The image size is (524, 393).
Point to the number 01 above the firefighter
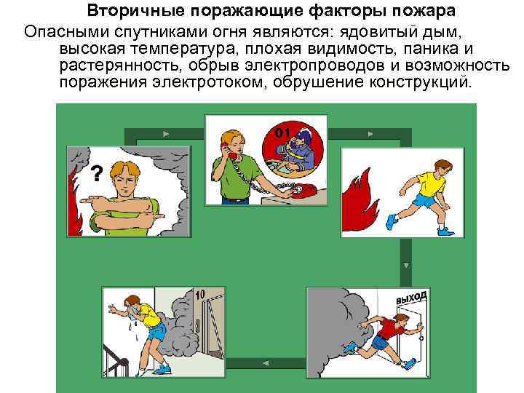coord(283,132)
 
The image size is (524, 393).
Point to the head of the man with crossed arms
coord(124,175)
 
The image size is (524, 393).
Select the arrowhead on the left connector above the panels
coord(167,134)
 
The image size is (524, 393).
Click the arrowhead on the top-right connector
coord(370,134)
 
